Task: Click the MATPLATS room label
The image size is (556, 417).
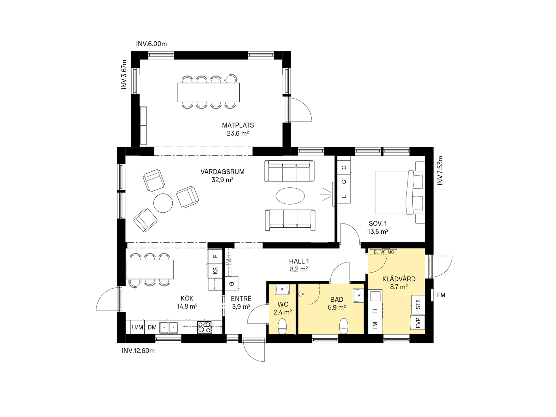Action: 238,125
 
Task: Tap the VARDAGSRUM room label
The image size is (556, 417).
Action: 222,172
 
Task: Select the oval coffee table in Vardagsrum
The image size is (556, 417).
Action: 290,196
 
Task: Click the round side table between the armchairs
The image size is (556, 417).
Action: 163,203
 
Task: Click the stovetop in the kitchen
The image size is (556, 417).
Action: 204,327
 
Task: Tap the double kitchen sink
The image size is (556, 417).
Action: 169,327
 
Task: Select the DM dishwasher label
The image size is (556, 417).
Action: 152,327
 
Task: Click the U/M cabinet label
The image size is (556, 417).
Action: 137,327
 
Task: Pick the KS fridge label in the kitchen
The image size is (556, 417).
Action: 215,271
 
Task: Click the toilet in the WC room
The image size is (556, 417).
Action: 282,326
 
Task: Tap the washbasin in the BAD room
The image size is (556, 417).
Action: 358,295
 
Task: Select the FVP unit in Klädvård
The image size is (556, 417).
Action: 418,323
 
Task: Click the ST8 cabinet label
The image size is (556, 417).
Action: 418,304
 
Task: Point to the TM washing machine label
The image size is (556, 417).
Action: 375,325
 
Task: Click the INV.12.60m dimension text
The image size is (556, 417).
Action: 138,351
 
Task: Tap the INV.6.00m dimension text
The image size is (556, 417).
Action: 151,44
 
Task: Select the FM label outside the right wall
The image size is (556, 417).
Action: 441,295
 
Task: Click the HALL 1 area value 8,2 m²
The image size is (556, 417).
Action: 299,269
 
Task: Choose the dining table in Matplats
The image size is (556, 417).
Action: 208,92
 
